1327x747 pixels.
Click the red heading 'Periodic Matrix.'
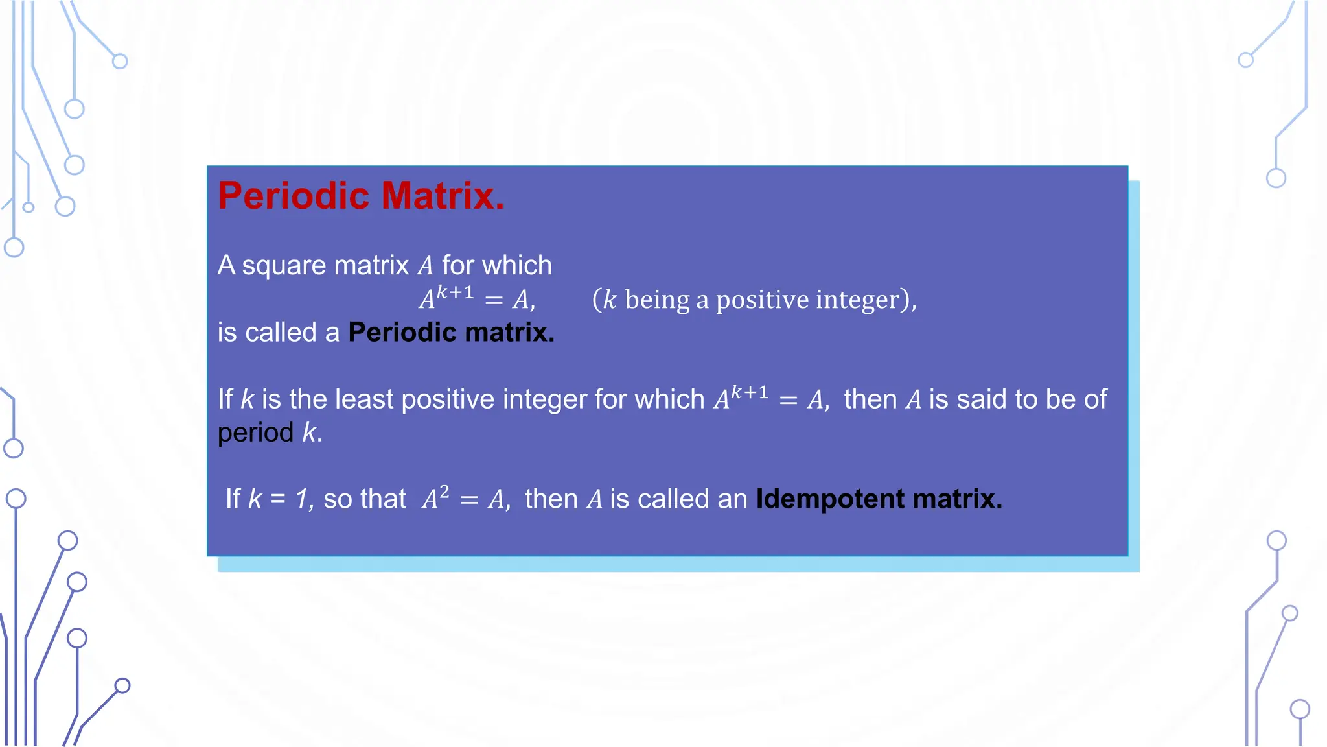point(361,196)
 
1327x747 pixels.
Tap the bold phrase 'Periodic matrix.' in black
point(451,333)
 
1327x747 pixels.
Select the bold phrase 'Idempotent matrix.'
point(879,499)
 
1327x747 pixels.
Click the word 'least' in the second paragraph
point(364,399)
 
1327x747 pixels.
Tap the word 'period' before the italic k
point(255,433)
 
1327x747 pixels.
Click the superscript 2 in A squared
point(444,492)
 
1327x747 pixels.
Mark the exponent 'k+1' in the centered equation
point(455,292)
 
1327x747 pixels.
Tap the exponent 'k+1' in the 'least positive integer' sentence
point(750,393)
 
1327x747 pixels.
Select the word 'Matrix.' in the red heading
point(443,196)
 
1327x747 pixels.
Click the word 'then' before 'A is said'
point(870,399)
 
